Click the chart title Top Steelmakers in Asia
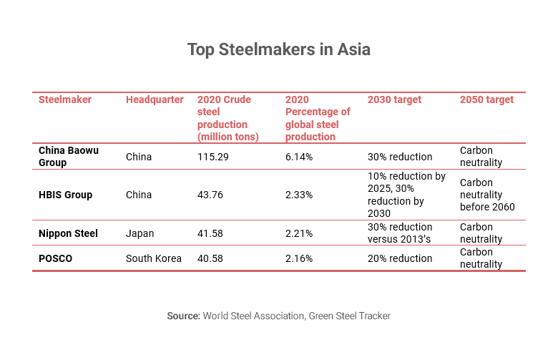click(278, 50)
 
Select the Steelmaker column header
click(65, 99)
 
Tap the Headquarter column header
click(155, 99)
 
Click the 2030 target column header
click(394, 99)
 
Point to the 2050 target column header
click(486, 99)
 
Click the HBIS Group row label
click(65, 195)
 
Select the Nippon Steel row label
click(68, 233)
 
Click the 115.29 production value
click(213, 157)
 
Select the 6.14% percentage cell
click(299, 157)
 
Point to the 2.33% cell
click(299, 195)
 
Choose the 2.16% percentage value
click(299, 258)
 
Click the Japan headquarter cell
click(139, 233)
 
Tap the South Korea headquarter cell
click(153, 258)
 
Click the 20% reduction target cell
click(399, 258)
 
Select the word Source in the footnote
click(183, 316)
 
